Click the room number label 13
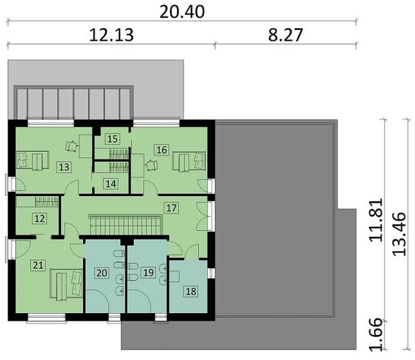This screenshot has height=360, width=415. tap(64, 167)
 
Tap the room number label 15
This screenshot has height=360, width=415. tap(113, 139)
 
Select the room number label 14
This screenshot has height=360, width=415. tap(111, 183)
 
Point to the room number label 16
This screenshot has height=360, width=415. tap(162, 150)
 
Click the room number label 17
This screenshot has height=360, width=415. tap(171, 207)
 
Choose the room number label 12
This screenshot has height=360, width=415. tap(40, 219)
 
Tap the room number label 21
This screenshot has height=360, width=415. tap(38, 265)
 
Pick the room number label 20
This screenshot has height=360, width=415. tap(102, 273)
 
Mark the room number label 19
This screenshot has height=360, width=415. tap(148, 272)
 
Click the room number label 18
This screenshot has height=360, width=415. tap(191, 292)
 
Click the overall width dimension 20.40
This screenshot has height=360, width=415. tap(182, 12)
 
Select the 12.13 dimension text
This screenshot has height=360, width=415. tap(111, 35)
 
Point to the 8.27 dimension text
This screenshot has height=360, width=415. tap(285, 35)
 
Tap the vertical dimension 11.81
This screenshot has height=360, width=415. tap(376, 219)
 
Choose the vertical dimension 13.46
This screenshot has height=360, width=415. tap(399, 234)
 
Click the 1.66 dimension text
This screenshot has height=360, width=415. tap(376, 334)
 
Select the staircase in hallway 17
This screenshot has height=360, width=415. tap(126, 225)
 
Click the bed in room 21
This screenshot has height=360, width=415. tap(66, 285)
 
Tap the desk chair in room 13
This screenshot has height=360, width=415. tap(72, 146)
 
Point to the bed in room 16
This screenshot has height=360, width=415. tap(189, 161)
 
